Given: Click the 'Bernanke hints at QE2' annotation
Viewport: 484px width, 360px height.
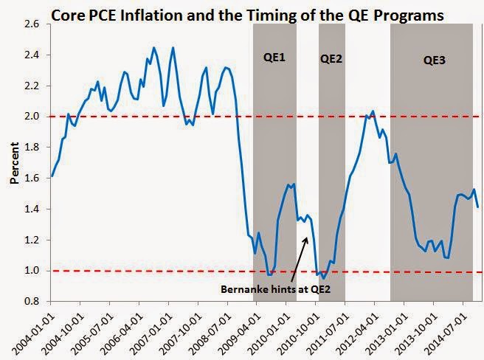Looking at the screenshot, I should (274, 289).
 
